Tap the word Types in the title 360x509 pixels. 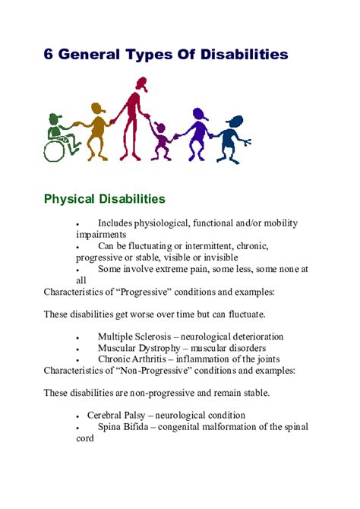[x=153, y=55]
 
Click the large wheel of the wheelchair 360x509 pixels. [x=55, y=150]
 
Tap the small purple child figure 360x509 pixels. [x=160, y=139]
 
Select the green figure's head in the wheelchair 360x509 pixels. [x=54, y=120]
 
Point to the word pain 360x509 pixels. [x=209, y=269]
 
